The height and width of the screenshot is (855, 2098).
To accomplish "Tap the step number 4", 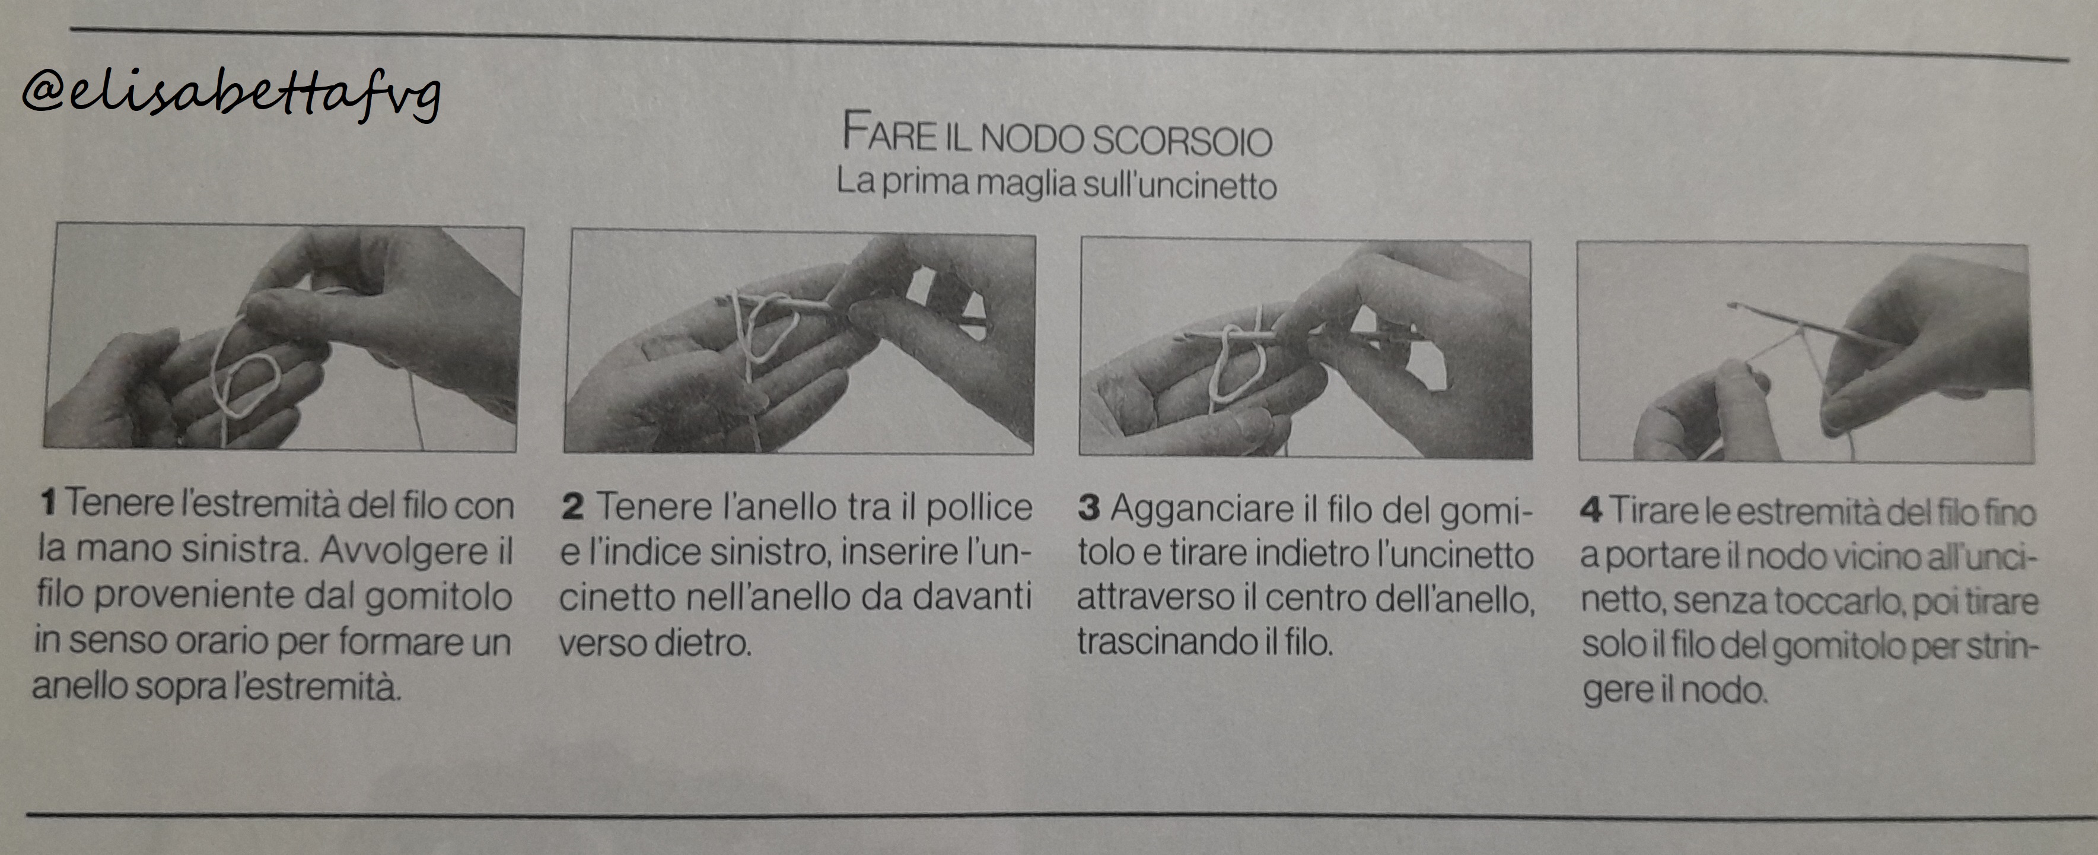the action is [1591, 511].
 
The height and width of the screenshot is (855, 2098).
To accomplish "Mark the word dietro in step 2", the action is [703, 643].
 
